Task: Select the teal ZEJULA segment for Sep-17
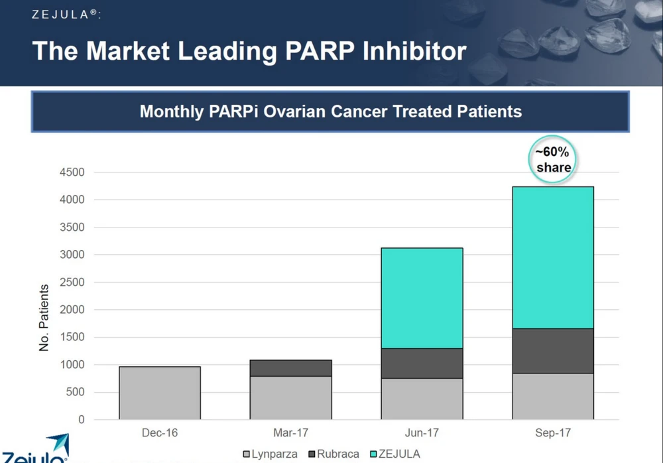[x=553, y=257]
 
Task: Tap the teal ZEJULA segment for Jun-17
[x=422, y=298]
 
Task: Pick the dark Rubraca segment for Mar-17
[x=290, y=368]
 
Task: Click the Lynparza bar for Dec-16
[x=160, y=393]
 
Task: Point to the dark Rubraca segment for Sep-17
[x=553, y=351]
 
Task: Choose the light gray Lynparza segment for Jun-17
[x=422, y=399]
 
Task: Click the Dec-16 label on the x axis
[x=160, y=433]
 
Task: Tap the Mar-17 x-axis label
[x=290, y=433]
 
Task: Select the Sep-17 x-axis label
[x=553, y=433]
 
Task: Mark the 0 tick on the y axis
[x=81, y=420]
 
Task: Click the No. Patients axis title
[x=44, y=318]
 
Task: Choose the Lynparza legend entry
[x=271, y=454]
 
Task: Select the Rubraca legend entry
[x=333, y=454]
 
